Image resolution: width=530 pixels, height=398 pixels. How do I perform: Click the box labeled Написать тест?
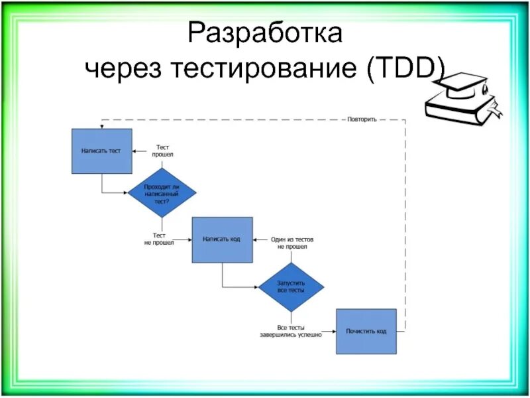coord(101,151)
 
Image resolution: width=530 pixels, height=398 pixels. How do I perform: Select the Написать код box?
coord(222,239)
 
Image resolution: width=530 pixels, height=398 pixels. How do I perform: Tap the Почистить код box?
coord(366,331)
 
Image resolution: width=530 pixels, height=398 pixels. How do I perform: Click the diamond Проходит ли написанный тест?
coord(162,192)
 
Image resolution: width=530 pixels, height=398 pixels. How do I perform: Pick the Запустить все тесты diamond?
coord(291,287)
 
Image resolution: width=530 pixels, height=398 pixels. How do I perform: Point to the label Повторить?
coord(362,120)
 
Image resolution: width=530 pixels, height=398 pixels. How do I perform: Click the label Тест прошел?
coord(163,150)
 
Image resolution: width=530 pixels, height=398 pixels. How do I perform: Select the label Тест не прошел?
coord(159,239)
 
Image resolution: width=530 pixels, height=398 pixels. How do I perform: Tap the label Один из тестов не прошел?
coord(292,242)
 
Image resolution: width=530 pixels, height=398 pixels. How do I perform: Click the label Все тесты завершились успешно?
coord(291,331)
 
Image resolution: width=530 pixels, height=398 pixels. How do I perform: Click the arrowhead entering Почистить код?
coord(334,331)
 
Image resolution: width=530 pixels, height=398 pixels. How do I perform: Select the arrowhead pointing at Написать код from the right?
coord(255,239)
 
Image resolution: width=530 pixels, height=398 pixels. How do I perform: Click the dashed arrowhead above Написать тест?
coord(101,126)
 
